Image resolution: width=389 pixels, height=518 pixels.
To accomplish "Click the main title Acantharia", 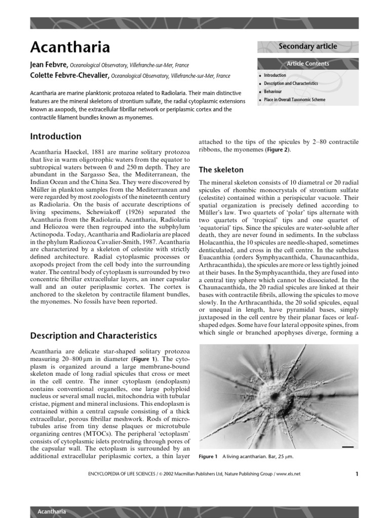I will pyautogui.click(x=70, y=48).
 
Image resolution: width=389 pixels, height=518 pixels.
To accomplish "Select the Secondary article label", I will pyautogui.click(x=307, y=47).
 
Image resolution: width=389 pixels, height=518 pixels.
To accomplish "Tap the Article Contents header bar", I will pyautogui.click(x=307, y=64).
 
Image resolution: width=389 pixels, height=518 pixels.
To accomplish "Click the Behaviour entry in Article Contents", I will pyautogui.click(x=273, y=92).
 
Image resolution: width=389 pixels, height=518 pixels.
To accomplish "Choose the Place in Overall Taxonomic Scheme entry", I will pyautogui.click(x=294, y=100).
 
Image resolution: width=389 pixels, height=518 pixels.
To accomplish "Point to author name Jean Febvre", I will pyautogui.click(x=49, y=65).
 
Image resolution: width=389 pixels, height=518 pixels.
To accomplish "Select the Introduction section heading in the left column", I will pyautogui.click(x=56, y=136).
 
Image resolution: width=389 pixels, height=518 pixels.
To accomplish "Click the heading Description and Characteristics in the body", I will pyautogui.click(x=93, y=335).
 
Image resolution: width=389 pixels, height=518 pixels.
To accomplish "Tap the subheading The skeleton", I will pyautogui.click(x=221, y=169).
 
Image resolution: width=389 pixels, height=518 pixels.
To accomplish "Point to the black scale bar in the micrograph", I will pyautogui.click(x=347, y=447).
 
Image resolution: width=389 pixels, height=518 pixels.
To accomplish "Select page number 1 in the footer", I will pyautogui.click(x=357, y=474).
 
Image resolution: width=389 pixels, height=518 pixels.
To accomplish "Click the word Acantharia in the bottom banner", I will pyautogui.click(x=52, y=511).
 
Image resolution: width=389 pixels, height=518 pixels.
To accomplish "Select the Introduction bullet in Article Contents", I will pyautogui.click(x=275, y=75).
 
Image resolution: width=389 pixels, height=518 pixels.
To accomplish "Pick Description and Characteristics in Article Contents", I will pyautogui.click(x=291, y=83).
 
